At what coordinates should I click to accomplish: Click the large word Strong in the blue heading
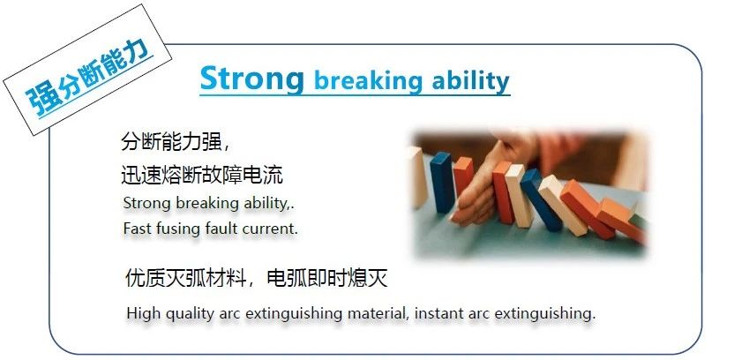251,79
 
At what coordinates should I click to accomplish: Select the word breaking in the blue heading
368,81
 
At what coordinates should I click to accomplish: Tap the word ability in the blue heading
470,81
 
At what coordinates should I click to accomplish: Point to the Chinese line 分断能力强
170,143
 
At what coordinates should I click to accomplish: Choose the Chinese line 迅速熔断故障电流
201,176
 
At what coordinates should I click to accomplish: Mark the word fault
221,229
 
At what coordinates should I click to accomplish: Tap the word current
269,229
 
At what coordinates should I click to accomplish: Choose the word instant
437,314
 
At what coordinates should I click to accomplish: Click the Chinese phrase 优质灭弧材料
185,278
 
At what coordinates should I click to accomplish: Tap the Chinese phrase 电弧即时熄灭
326,278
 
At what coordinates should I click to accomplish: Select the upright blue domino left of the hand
442,183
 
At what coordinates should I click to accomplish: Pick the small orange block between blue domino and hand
463,176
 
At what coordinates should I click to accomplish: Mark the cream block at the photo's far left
417,177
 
